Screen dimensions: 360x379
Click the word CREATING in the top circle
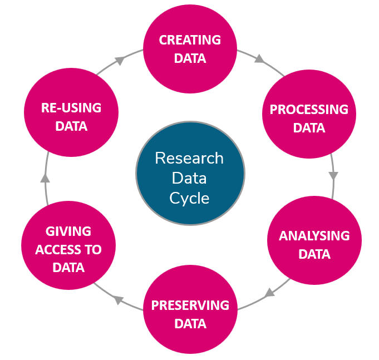click(190, 40)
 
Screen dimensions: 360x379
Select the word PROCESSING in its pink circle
click(309, 109)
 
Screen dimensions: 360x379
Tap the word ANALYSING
click(314, 235)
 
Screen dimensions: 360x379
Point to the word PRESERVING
click(190, 305)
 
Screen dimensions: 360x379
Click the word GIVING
click(68, 231)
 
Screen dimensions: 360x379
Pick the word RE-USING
click(71, 108)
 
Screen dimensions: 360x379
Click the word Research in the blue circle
click(189, 159)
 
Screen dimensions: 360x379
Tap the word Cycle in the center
click(189, 198)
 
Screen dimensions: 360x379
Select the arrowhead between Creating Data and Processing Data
click(259, 58)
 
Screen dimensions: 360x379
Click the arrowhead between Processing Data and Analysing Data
click(333, 176)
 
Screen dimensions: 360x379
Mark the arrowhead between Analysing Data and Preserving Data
click(269, 292)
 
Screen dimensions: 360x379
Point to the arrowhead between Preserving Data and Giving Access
click(118, 300)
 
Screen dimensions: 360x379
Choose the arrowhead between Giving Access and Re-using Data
click(45, 178)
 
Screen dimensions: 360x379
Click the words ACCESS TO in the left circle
click(68, 249)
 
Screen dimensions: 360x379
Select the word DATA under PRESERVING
click(190, 323)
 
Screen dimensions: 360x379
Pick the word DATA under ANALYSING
click(314, 254)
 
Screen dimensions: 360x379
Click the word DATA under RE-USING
click(71, 126)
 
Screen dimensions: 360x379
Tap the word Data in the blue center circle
click(189, 178)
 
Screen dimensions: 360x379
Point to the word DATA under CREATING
click(190, 58)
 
